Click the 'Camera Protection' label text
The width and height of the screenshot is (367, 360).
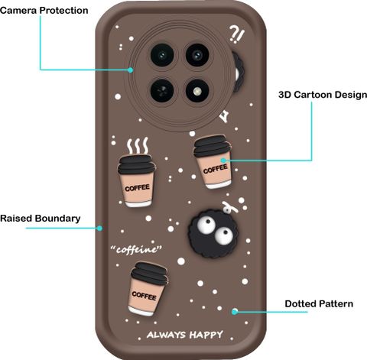(44, 11)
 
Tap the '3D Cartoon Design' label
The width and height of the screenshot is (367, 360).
(323, 95)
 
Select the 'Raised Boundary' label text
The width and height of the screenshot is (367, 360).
(41, 219)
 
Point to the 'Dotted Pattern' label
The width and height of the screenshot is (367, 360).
(319, 303)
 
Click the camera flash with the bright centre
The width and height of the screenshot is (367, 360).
(197, 91)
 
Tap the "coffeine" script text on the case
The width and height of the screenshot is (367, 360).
(136, 249)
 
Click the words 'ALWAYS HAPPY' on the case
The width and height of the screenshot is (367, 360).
(185, 335)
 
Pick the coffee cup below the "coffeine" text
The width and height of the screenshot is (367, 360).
(148, 289)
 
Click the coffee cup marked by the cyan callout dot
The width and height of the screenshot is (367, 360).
(213, 162)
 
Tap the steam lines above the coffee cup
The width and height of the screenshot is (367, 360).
(138, 146)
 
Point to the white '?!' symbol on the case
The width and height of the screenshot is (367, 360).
(237, 34)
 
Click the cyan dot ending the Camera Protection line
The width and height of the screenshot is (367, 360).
(131, 70)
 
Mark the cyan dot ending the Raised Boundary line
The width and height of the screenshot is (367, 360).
(100, 229)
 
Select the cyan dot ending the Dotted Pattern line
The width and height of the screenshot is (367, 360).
(235, 311)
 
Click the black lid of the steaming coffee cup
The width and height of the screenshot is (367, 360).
(137, 164)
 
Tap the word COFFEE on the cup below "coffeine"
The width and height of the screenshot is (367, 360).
(144, 296)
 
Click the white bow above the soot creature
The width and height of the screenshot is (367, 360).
(229, 207)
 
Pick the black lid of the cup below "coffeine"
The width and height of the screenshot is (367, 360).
(150, 273)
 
